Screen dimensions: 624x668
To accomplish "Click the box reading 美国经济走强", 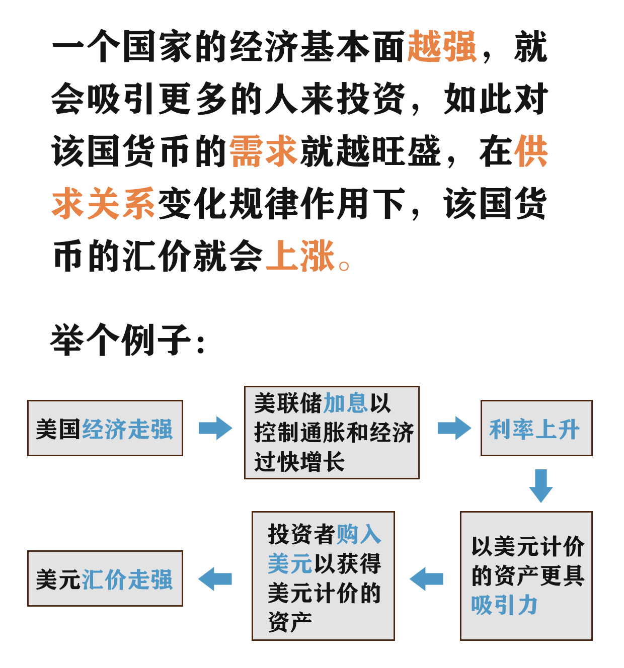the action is pyautogui.click(x=105, y=428).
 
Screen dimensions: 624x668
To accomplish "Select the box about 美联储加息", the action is pyautogui.click(x=332, y=432).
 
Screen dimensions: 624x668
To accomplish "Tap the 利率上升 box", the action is pyautogui.click(x=536, y=428).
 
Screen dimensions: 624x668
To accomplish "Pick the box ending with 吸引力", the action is pyautogui.click(x=526, y=576).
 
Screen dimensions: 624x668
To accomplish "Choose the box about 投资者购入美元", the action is pyautogui.click(x=323, y=576).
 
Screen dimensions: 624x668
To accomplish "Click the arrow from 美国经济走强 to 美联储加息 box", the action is pyautogui.click(x=215, y=428).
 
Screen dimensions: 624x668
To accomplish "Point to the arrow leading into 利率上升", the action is pyautogui.click(x=454, y=428).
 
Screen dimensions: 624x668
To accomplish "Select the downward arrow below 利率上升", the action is pyautogui.click(x=541, y=486).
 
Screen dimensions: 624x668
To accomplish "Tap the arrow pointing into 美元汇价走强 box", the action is pyautogui.click(x=215, y=579).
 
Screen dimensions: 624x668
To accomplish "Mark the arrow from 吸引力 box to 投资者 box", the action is pyautogui.click(x=426, y=579).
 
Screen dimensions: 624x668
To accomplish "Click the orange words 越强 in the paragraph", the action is pyautogui.click(x=441, y=46).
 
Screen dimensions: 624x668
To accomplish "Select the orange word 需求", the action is pyautogui.click(x=263, y=151).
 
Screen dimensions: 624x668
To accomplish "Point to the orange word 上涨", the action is pyautogui.click(x=300, y=256).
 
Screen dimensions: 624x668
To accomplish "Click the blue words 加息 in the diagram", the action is pyautogui.click(x=345, y=403).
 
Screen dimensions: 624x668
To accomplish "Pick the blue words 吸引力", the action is pyautogui.click(x=504, y=605).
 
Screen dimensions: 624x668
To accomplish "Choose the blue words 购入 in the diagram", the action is pyautogui.click(x=358, y=534).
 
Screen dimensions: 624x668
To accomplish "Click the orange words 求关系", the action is pyautogui.click(x=103, y=204).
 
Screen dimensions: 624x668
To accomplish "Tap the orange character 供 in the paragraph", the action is pyautogui.click(x=531, y=151).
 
